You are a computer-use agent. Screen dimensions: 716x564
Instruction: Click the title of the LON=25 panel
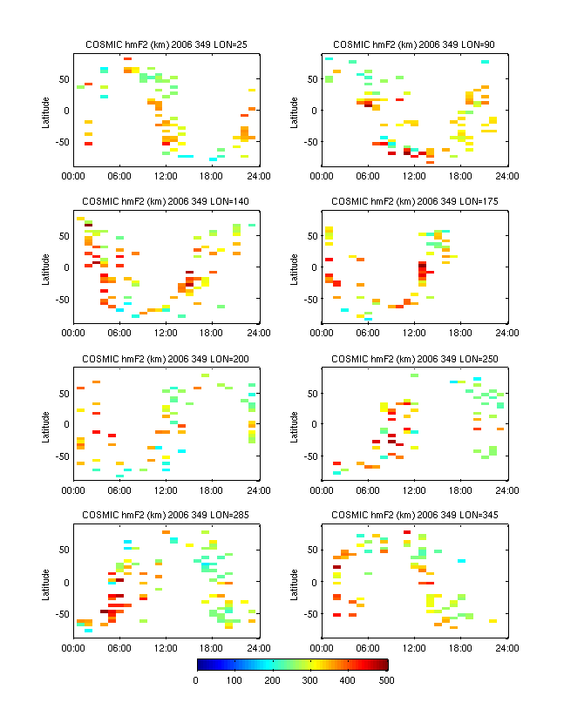pos(166,44)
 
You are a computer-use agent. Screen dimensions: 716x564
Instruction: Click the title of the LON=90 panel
pos(414,44)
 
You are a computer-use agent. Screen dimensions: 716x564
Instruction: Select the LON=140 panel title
pos(166,201)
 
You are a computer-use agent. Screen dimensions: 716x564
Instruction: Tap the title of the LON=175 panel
pos(414,201)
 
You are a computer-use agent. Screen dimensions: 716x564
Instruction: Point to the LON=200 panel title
pos(166,359)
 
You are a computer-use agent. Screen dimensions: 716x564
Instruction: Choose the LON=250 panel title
pos(414,359)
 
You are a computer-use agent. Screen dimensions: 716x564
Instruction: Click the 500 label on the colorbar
pos(388,680)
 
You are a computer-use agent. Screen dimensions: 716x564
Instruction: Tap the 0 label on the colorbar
pos(195,680)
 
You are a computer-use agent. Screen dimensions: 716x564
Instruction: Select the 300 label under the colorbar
pos(311,680)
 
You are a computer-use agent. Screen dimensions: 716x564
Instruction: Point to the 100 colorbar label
pos(234,680)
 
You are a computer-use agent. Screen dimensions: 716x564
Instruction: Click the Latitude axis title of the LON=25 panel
pos(45,110)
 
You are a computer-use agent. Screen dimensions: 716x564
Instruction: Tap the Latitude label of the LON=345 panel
pos(294,582)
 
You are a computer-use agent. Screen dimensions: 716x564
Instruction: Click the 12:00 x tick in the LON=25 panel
pos(166,176)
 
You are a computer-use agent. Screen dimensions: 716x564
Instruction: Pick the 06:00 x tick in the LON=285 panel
pos(119,647)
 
